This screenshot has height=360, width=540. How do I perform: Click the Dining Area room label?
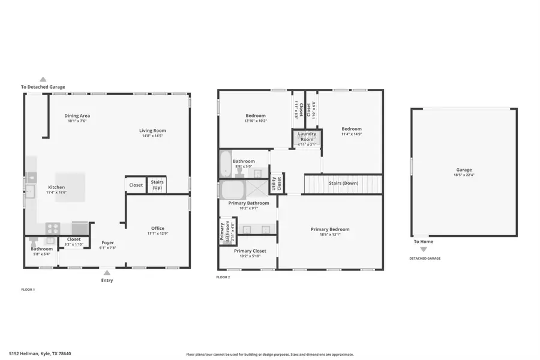[x=77, y=116]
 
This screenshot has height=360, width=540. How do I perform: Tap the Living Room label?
[x=152, y=130]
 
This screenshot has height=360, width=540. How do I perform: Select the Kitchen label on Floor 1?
[x=56, y=187]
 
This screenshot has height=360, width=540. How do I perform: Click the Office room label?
[x=158, y=228]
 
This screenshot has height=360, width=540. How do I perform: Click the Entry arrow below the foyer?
[x=107, y=272]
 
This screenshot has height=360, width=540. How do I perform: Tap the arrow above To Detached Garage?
[x=43, y=79]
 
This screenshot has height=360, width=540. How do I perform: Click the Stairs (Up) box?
[x=157, y=184]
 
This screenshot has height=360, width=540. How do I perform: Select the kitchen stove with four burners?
[x=53, y=228]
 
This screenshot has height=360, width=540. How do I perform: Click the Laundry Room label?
[x=306, y=136]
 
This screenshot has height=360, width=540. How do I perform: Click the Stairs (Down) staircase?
[x=343, y=183]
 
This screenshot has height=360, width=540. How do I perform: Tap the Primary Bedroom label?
[x=329, y=229]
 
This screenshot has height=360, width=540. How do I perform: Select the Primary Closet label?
[x=250, y=251]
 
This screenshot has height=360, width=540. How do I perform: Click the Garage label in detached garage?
[x=464, y=170]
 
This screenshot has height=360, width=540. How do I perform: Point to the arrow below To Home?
[x=423, y=249]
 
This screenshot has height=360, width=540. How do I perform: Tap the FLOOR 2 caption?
[x=223, y=277]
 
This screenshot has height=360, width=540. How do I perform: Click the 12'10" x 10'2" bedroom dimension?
[x=255, y=121]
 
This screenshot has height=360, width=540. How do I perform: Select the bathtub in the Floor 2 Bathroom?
[x=225, y=163]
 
